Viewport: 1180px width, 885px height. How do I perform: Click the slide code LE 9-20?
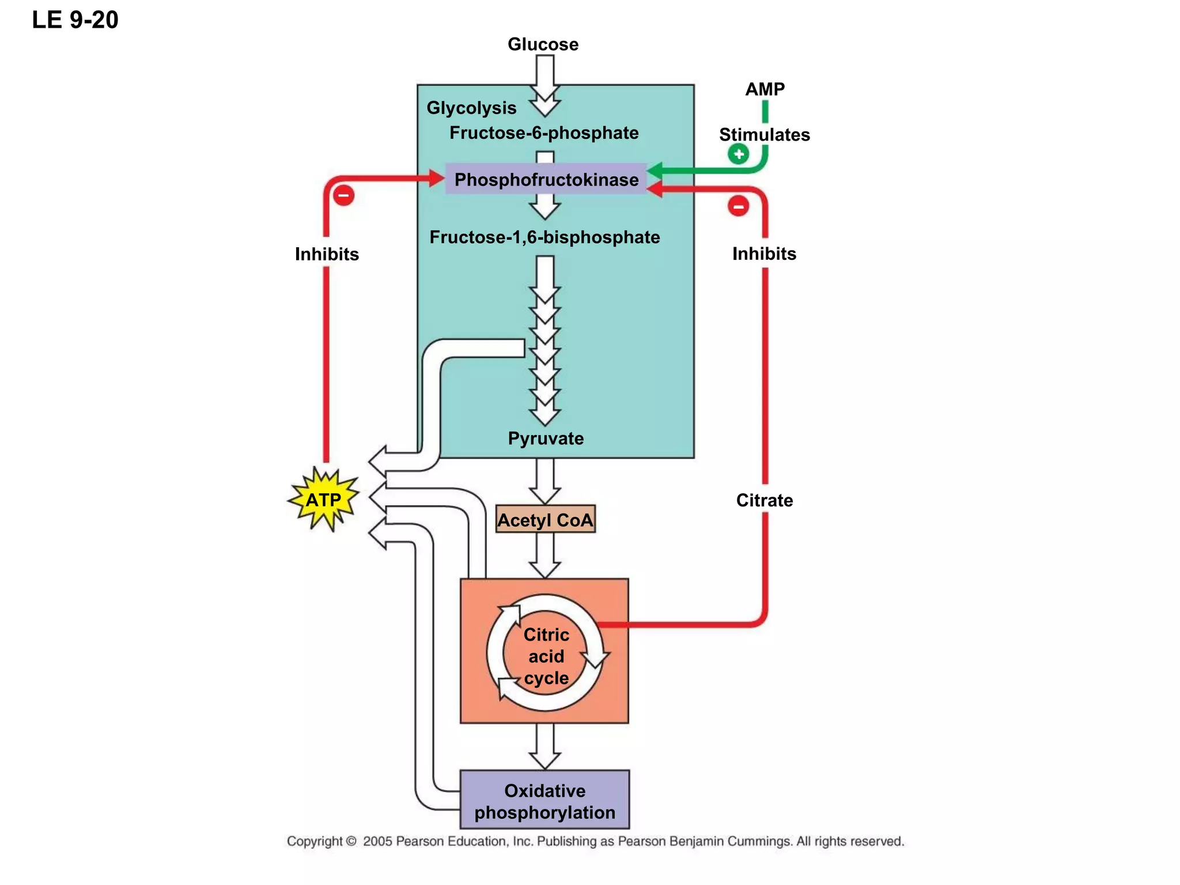75,20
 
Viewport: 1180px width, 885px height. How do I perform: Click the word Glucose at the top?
543,44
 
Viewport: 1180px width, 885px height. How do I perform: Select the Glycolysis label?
471,108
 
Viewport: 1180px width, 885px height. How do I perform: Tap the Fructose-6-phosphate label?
544,133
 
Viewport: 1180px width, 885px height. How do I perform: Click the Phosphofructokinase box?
546,179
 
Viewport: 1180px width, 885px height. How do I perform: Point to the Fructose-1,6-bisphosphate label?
544,237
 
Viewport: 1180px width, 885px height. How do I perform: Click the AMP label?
765,89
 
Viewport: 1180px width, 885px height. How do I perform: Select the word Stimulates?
764,135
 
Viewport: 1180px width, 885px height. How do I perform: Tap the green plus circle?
738,154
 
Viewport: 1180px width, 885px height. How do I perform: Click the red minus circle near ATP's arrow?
343,195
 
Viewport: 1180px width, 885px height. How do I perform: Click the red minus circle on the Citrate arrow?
738,206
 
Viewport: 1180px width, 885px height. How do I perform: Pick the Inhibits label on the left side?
327,254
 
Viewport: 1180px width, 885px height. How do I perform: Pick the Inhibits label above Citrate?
764,254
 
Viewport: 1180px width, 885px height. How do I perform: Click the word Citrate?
764,500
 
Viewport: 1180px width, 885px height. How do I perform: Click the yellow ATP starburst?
324,500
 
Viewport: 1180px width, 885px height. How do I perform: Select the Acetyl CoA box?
545,520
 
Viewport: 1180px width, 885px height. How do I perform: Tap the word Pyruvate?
546,438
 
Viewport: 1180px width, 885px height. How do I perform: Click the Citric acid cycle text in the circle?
546,656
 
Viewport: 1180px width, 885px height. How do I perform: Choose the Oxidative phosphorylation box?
544,801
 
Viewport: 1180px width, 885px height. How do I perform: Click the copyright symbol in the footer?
350,841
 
